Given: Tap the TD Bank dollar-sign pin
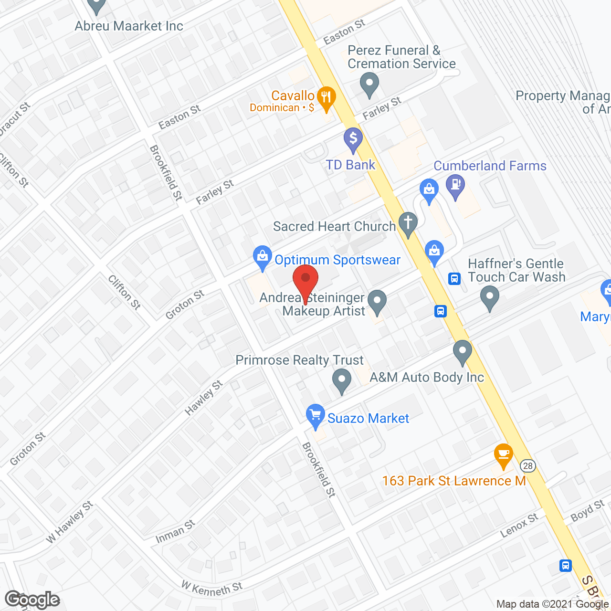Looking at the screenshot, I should [x=353, y=139].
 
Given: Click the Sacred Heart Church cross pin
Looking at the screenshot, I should [x=408, y=223].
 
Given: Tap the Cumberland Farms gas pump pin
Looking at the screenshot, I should [x=455, y=185].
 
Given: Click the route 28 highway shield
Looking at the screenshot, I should [x=527, y=465].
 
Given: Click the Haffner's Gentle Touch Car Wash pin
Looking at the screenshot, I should [x=489, y=297].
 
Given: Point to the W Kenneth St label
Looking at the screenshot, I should [x=212, y=588].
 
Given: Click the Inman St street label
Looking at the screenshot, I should [x=175, y=532].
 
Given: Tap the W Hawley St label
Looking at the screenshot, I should [x=70, y=522].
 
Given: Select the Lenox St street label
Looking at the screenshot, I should [x=519, y=525].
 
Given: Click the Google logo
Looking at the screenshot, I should [x=32, y=600].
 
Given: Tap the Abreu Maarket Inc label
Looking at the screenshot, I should [x=129, y=26].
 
